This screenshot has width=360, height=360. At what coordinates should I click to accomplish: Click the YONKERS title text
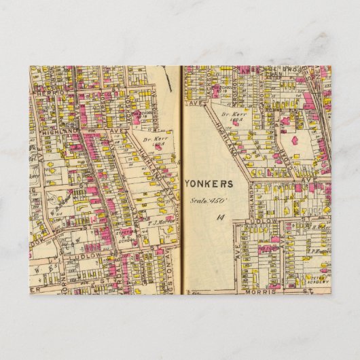[x=209, y=183]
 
